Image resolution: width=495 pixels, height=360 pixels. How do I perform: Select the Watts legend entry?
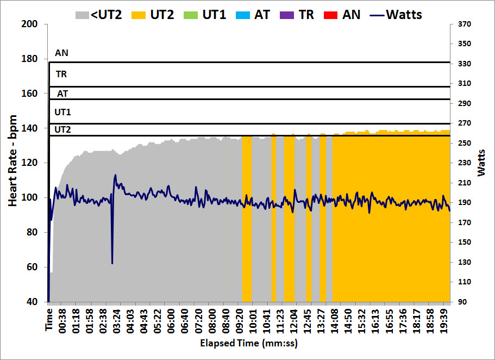pyautogui.click(x=395, y=14)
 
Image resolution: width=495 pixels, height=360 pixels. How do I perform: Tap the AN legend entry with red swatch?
pyautogui.click(x=343, y=14)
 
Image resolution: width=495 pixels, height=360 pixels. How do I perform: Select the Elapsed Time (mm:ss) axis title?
pyautogui.click(x=248, y=344)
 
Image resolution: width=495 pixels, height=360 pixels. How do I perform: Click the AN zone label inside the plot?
pyautogui.click(x=62, y=53)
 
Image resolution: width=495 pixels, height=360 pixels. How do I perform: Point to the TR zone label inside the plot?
pyautogui.click(x=61, y=74)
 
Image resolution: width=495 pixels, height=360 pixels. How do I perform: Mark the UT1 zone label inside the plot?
pyautogui.click(x=62, y=112)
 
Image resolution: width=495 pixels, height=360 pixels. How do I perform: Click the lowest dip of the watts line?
pyautogui.click(x=112, y=264)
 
